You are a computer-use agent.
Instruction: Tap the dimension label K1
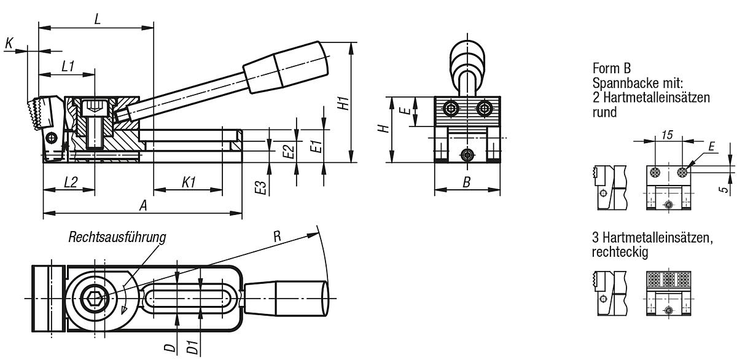(189, 182)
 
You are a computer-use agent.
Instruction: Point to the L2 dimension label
(69, 182)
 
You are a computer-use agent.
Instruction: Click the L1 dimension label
(68, 66)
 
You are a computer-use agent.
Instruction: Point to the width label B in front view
(466, 182)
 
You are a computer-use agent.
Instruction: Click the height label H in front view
(383, 130)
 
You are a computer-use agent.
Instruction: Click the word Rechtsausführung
(117, 237)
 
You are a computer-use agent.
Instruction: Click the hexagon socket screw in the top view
(95, 299)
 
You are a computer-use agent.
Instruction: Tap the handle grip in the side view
(286, 67)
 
